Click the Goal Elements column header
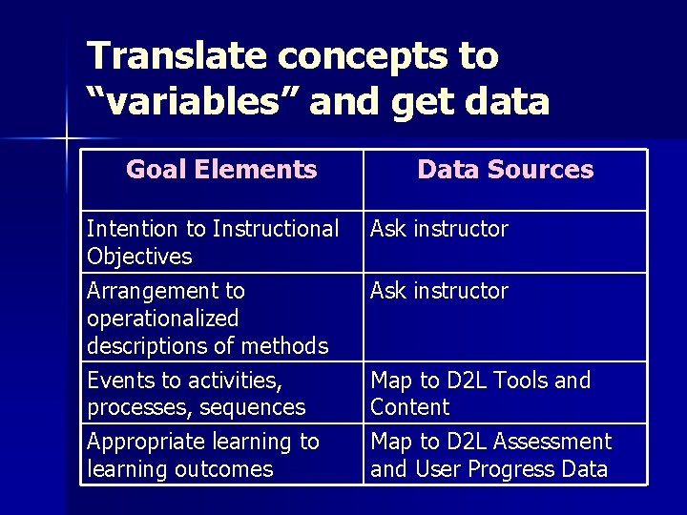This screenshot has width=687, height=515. tap(221, 171)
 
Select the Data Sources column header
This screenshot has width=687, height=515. tap(505, 171)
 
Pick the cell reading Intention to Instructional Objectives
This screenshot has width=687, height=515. tap(212, 242)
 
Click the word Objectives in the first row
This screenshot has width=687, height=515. tap(138, 257)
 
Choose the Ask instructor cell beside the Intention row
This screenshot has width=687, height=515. tap(439, 229)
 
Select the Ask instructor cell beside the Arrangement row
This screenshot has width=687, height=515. tap(439, 291)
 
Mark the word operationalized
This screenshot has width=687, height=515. tap(162, 318)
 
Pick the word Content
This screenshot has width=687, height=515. tap(409, 407)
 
